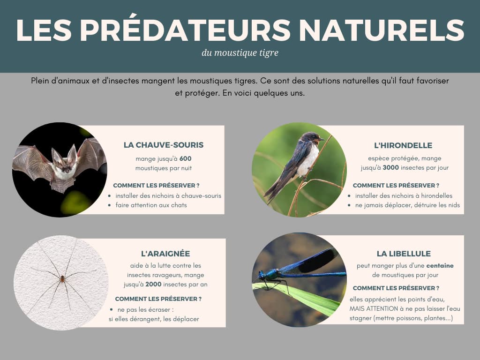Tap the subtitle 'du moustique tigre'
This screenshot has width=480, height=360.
(x=240, y=53)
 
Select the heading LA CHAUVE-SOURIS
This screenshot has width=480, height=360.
(x=164, y=145)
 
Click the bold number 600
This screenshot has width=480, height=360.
(x=186, y=158)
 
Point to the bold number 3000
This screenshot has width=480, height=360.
(x=390, y=167)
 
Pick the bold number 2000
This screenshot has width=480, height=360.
(x=153, y=284)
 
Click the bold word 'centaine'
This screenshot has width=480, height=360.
(x=440, y=266)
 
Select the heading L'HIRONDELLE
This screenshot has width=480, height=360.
(x=403, y=145)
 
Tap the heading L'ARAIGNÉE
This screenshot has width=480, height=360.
(x=165, y=254)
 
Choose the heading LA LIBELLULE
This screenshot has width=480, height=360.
(x=404, y=254)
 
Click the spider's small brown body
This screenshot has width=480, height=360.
(x=62, y=278)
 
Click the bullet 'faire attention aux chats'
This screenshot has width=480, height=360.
(x=151, y=205)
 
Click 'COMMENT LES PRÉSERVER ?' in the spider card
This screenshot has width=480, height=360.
(x=158, y=299)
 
